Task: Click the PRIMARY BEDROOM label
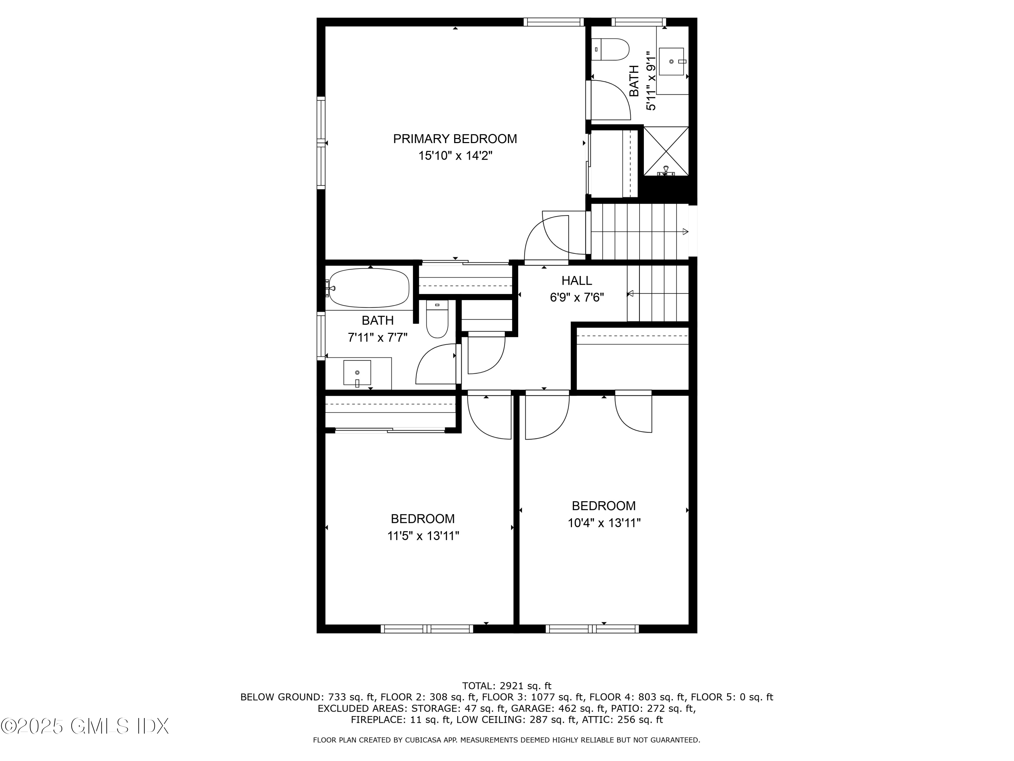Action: pos(455,139)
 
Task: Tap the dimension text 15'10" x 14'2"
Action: pos(455,156)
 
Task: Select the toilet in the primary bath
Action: pos(610,49)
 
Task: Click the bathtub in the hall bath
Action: pos(369,288)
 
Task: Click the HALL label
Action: pos(577,280)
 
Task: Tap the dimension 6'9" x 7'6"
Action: pos(577,298)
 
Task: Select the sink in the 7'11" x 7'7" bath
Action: pos(357,372)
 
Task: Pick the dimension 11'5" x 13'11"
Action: pos(422,536)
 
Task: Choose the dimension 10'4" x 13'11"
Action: pos(604,523)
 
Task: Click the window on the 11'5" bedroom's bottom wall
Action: pos(427,629)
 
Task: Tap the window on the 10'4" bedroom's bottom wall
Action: pos(592,629)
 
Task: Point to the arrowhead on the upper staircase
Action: pos(685,232)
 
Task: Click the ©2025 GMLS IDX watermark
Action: pos(85,726)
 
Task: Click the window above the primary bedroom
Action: pos(553,22)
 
